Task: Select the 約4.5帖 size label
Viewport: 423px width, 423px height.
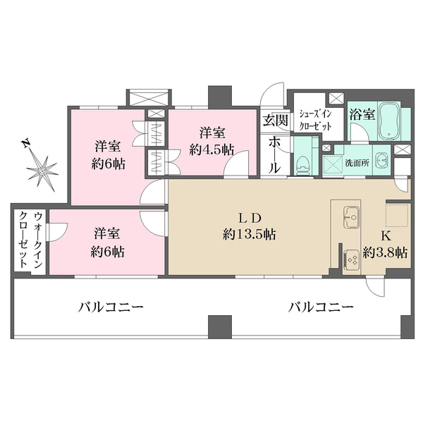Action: pyautogui.click(x=212, y=149)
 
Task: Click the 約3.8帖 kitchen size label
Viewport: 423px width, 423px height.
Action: pyautogui.click(x=385, y=252)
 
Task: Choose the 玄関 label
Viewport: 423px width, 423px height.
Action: pyautogui.click(x=276, y=121)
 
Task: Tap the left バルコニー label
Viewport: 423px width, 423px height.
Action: pyautogui.click(x=111, y=307)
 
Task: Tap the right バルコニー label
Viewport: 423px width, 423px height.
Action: pyautogui.click(x=320, y=307)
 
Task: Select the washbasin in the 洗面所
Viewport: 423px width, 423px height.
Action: pyautogui.click(x=381, y=159)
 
